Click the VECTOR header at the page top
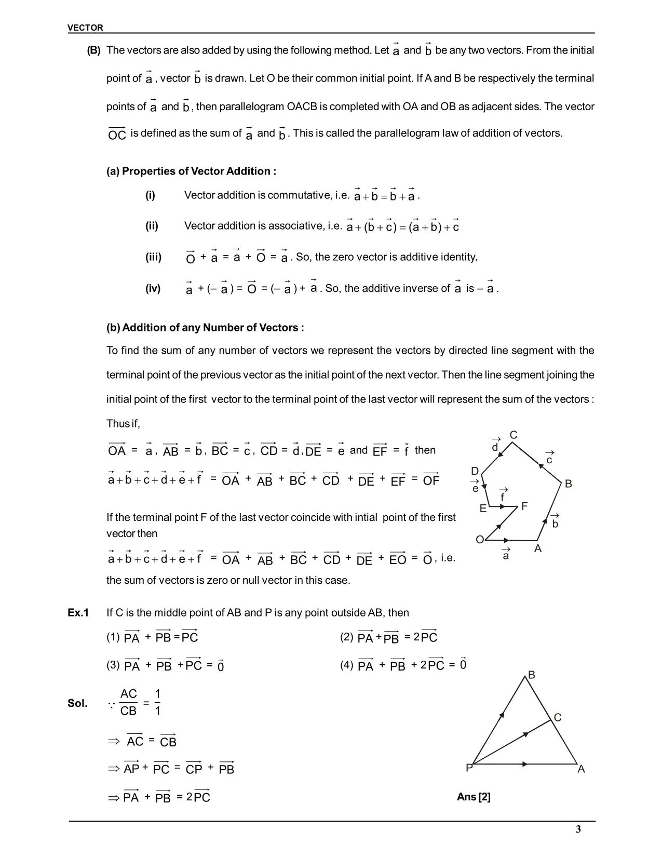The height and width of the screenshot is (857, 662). (85, 28)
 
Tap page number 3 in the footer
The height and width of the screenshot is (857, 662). (578, 829)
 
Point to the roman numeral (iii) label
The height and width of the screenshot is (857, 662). (153, 257)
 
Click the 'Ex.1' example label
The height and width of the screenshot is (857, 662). (78, 613)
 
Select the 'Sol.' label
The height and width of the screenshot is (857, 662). (77, 704)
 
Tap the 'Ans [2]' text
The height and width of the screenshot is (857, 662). (474, 797)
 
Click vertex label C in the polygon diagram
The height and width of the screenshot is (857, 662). (513, 435)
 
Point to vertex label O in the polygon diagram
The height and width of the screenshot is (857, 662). (480, 540)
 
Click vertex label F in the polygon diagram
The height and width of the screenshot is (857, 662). (524, 506)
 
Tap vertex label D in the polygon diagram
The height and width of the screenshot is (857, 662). (475, 471)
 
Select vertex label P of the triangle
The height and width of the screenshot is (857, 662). (469, 768)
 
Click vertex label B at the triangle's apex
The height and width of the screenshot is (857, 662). (531, 675)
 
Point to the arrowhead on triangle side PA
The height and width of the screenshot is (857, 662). (525, 764)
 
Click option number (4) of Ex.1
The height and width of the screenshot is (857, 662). (347, 665)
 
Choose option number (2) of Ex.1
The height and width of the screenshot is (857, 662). (347, 637)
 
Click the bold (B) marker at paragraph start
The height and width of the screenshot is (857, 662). (93, 50)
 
